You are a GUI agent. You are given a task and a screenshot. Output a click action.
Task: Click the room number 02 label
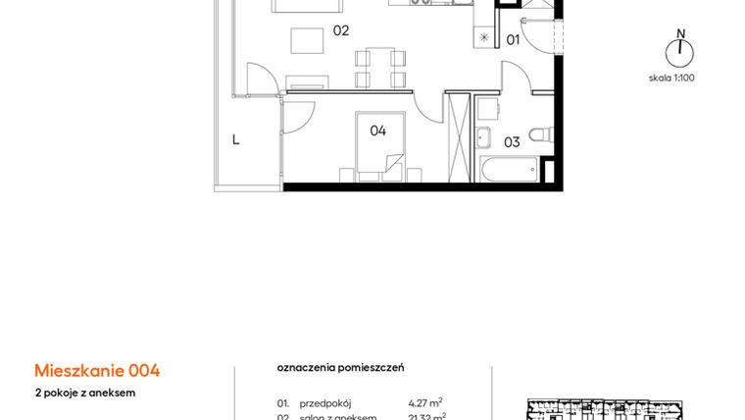[341, 30]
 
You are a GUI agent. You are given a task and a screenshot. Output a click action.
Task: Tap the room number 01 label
[512, 39]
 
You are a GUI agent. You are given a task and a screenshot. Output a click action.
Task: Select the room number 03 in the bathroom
[512, 141]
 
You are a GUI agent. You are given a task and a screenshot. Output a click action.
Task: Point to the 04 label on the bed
[377, 130]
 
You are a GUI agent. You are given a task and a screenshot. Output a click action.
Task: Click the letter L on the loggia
[235, 139]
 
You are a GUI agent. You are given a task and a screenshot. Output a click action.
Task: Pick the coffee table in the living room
[308, 41]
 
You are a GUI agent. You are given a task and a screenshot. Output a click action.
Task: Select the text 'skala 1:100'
[671, 78]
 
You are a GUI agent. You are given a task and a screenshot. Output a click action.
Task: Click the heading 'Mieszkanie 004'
[97, 370]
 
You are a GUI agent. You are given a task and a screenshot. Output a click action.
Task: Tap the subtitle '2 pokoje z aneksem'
[85, 393]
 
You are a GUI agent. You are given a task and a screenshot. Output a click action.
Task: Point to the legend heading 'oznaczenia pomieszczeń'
[340, 367]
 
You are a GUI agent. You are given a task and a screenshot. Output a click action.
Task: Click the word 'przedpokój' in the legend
[325, 402]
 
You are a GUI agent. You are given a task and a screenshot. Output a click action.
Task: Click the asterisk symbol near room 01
[484, 37]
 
